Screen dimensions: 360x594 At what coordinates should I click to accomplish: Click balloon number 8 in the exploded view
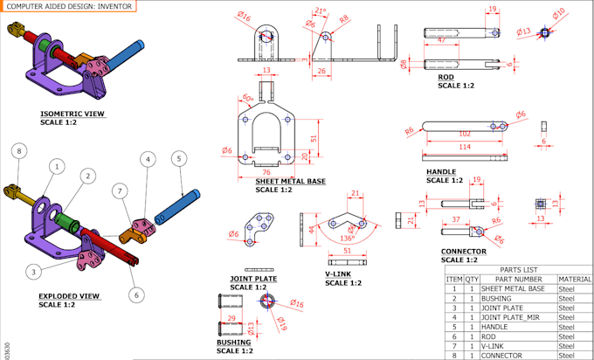19,152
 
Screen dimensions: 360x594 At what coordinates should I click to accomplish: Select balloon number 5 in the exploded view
178,158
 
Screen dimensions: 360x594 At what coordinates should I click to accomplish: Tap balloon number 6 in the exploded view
136,294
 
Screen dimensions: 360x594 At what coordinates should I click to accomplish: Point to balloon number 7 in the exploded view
119,190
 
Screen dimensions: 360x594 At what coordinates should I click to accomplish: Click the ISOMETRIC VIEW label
72,114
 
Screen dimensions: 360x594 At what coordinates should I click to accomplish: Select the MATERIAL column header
575,278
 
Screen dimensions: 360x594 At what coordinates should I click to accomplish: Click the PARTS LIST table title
518,269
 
